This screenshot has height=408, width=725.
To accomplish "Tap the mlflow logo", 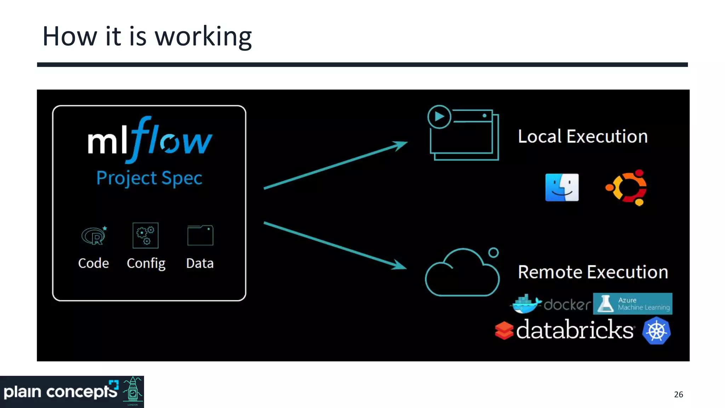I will [149, 140].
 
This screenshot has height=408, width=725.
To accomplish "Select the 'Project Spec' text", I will [149, 178].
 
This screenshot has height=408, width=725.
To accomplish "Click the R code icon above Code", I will [94, 236].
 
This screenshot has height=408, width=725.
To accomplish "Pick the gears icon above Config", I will [145, 236].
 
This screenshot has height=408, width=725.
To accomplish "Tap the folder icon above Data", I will [200, 235].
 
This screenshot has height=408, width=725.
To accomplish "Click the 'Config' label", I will [146, 263].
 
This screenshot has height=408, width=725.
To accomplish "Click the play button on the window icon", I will [439, 117].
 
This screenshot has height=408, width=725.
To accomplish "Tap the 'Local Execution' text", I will [582, 136].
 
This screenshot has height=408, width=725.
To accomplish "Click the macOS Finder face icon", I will [562, 187].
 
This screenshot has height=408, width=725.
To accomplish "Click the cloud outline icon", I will [462, 273].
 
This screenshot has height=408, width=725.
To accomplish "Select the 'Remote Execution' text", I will [593, 272].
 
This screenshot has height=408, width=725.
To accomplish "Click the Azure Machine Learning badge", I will [632, 304].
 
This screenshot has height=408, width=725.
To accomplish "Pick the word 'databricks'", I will [574, 330].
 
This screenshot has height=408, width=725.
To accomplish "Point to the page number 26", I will [678, 395].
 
